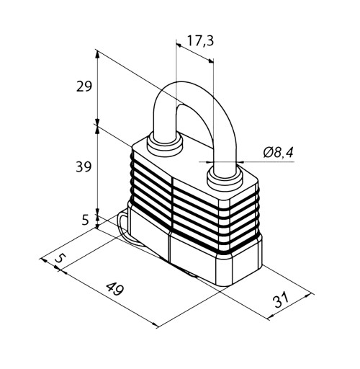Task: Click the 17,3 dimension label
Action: tap(200, 41)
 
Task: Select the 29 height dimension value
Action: tap(84, 86)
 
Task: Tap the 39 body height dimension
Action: tap(84, 166)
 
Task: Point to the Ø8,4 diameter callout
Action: tap(278, 152)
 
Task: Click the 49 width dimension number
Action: tap(115, 289)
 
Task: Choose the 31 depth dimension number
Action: tap(281, 300)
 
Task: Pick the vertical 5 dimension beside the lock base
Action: tap(86, 220)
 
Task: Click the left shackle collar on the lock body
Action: tap(165, 145)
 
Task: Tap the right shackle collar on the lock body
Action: tap(225, 178)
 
